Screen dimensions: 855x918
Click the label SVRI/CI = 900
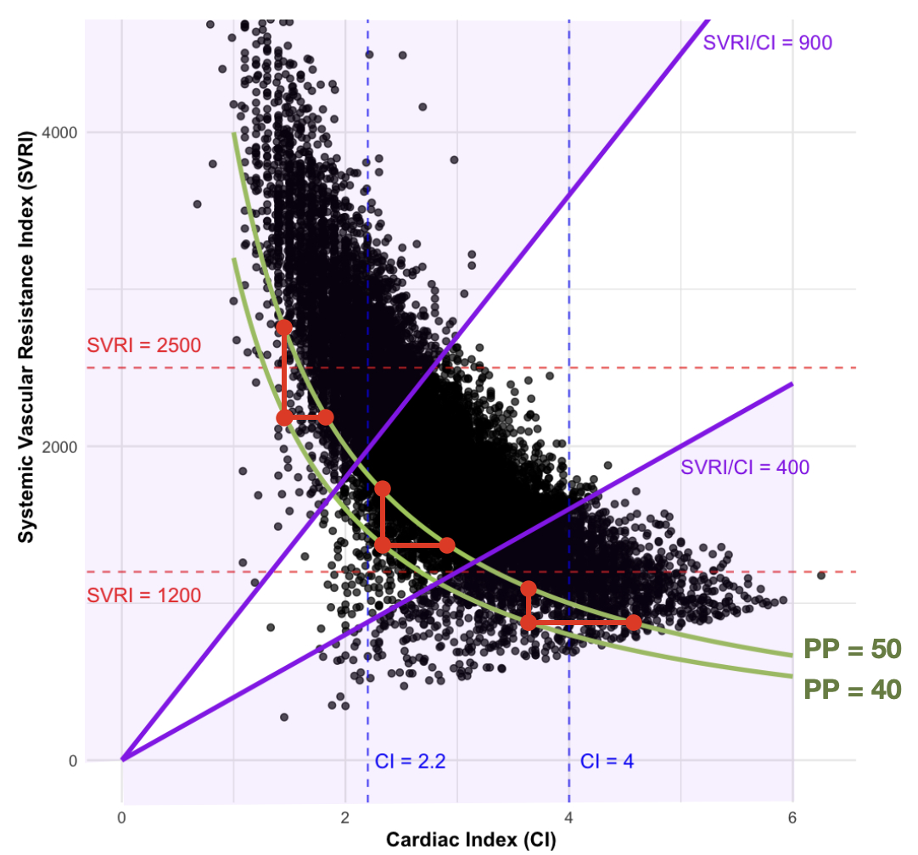coord(767,42)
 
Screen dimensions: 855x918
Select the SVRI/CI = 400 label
coord(744,467)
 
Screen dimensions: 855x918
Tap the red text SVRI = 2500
coord(143,346)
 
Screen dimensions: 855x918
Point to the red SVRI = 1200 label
coord(143,595)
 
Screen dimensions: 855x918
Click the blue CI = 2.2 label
coord(411,761)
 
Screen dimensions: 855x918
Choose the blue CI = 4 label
coord(607,761)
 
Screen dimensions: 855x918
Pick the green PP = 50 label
coord(851,650)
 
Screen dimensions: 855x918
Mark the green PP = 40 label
coord(851,690)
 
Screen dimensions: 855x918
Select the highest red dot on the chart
coord(284,327)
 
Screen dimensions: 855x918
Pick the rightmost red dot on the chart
coord(634,623)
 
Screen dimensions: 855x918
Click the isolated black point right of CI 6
coord(820,575)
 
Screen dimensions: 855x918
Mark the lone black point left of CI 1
coord(198,204)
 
